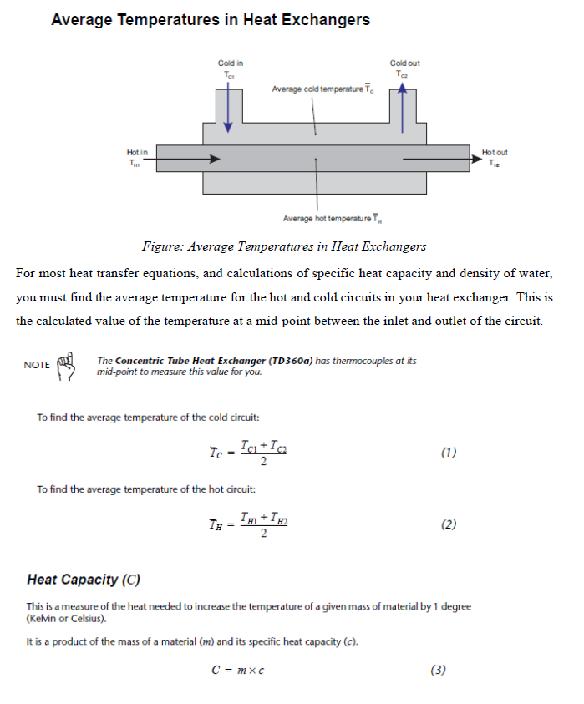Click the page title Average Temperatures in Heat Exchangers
tap(211, 19)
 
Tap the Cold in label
tap(230, 63)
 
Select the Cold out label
tap(404, 63)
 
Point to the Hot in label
tap(137, 152)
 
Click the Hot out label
tap(495, 152)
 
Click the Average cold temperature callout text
tap(322, 89)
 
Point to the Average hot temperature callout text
tap(332, 219)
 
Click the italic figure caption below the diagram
tap(284, 246)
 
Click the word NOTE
tap(37, 365)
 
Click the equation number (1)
tap(448, 453)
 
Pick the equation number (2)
tap(448, 525)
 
